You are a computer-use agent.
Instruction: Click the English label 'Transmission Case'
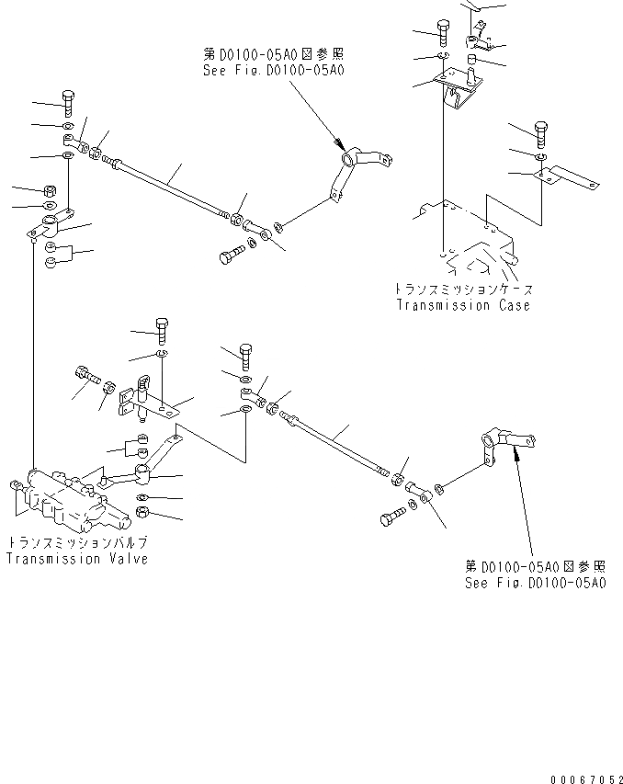[x=463, y=305]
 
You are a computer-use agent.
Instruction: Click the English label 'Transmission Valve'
[x=76, y=559]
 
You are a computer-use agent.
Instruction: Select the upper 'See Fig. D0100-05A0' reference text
[x=276, y=70]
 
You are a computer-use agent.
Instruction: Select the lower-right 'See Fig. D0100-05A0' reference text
[x=535, y=583]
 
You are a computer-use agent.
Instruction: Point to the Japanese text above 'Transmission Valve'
[x=76, y=542]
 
